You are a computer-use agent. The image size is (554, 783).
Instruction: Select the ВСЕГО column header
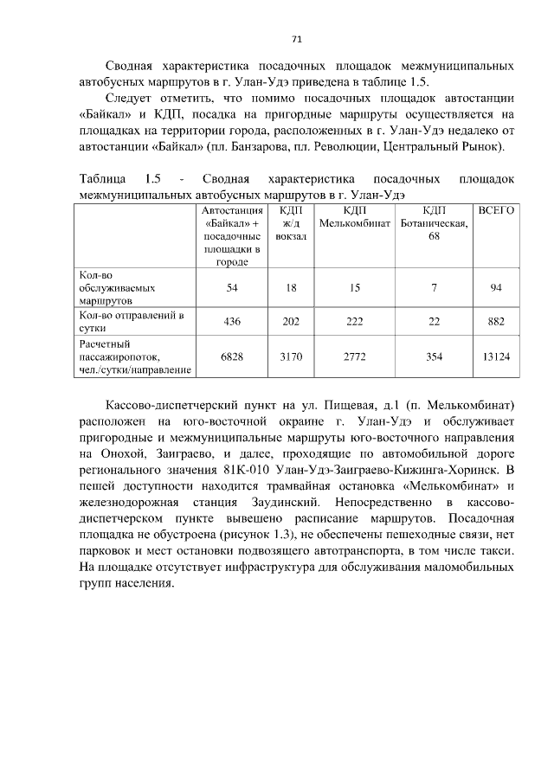(x=496, y=210)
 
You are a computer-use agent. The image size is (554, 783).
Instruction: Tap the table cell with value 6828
(x=231, y=356)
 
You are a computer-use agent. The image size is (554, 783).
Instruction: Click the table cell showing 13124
(x=496, y=356)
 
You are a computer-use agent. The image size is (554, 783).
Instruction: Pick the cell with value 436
(x=231, y=321)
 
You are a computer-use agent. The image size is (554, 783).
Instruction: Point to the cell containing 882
(x=496, y=321)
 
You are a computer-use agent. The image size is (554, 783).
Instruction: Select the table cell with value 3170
(x=291, y=356)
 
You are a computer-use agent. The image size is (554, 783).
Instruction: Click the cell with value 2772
(x=354, y=356)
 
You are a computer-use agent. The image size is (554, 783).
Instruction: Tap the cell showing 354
(x=434, y=356)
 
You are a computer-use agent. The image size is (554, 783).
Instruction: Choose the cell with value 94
(x=496, y=288)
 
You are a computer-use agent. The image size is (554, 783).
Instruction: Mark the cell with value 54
(x=231, y=288)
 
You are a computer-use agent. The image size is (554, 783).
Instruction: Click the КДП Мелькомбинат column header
(x=354, y=217)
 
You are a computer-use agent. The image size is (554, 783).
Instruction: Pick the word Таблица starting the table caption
(x=102, y=179)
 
